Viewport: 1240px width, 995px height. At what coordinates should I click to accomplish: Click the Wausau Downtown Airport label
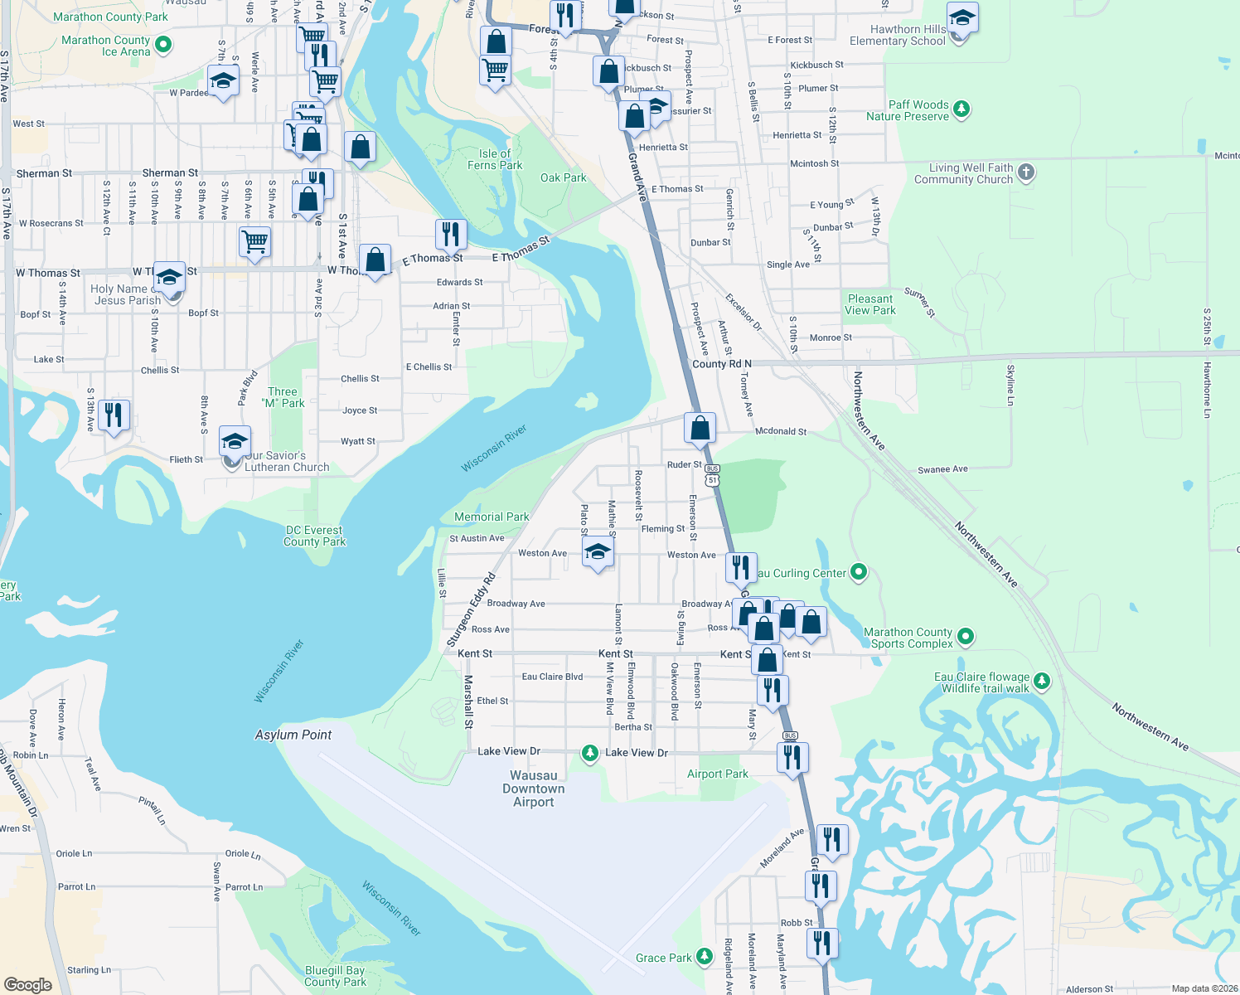pos(533,789)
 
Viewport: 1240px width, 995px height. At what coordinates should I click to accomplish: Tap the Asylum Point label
pos(293,735)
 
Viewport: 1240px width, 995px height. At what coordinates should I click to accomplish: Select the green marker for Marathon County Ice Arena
pos(163,45)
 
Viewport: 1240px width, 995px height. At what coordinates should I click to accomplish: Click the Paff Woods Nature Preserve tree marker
pos(961,109)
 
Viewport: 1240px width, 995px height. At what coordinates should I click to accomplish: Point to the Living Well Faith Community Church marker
pos(1026,172)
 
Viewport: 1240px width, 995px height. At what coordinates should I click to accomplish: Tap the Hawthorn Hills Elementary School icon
pos(961,18)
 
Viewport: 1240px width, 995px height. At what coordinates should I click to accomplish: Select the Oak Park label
pos(563,177)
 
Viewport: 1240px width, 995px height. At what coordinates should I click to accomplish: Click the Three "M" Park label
pos(283,397)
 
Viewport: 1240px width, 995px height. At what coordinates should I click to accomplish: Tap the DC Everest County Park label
pos(314,536)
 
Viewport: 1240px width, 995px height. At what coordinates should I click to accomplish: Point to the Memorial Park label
pos(492,517)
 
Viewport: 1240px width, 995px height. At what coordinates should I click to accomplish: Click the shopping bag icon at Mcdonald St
pos(700,428)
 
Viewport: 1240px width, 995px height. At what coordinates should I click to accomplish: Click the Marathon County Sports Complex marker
pos(965,637)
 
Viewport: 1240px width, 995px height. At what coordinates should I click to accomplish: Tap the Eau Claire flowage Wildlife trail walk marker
pos(1042,682)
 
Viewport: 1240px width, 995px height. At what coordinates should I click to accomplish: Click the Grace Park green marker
pos(704,957)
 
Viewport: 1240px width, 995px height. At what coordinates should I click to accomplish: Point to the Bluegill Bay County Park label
pos(335,976)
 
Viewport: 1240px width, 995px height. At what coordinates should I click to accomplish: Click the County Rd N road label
pos(721,364)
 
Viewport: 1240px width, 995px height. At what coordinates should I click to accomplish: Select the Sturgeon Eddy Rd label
pos(471,609)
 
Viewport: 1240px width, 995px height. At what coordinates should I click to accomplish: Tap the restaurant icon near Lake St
pos(114,415)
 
